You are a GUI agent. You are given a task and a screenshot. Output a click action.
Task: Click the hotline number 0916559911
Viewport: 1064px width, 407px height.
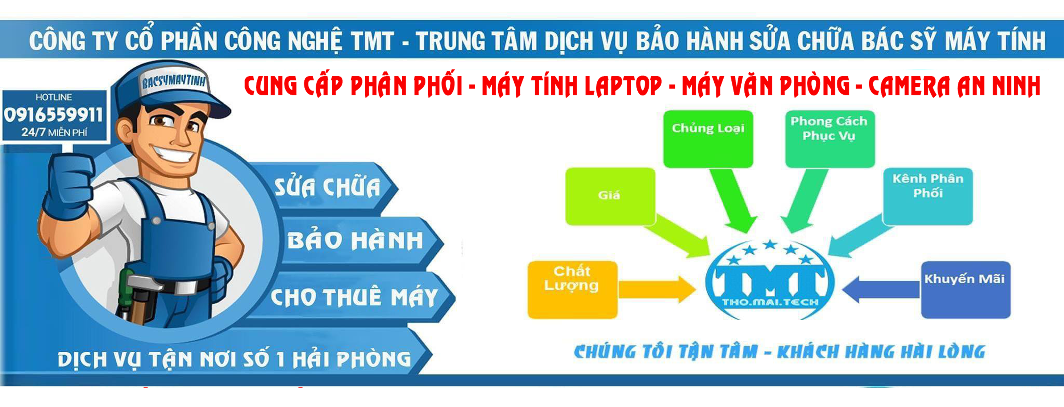[53, 115]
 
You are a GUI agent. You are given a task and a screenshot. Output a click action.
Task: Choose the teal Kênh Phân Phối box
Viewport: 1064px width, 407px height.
[928, 196]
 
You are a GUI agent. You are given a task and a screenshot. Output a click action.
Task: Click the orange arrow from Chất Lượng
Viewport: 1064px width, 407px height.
[657, 289]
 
